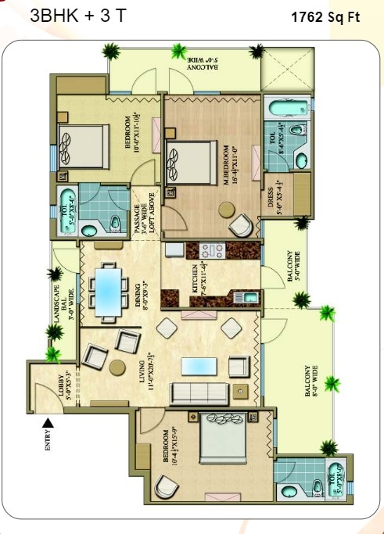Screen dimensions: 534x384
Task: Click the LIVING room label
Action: (153, 369)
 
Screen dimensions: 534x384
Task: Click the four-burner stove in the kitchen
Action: (213, 252)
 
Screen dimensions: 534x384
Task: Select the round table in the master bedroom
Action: (226, 209)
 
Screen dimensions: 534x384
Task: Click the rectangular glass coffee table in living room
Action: (199, 366)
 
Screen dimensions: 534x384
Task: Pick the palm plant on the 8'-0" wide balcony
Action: (332, 385)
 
